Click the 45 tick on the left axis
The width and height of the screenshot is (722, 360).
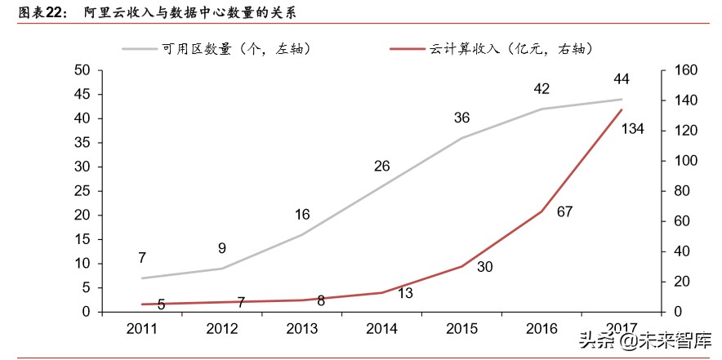click(x=82, y=95)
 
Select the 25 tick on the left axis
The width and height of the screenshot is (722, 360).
click(x=82, y=191)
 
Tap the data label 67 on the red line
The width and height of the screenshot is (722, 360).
click(x=564, y=211)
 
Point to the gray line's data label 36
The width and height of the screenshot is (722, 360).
click(x=461, y=118)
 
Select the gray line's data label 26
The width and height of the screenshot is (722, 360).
click(x=381, y=167)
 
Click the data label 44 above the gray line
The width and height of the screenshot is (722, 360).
click(x=621, y=79)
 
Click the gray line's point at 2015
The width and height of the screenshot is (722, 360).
click(x=461, y=138)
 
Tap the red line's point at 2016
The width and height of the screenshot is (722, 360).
click(x=541, y=211)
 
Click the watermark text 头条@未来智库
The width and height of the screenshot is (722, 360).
click(x=645, y=340)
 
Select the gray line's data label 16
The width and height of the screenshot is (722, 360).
click(x=302, y=215)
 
